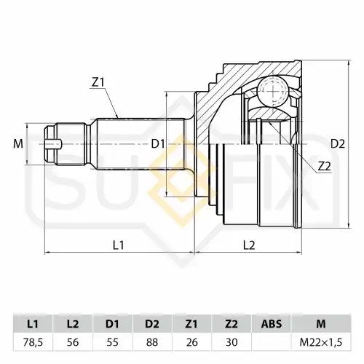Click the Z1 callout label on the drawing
[98, 82]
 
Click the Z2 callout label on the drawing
[325, 166]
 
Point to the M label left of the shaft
[18, 144]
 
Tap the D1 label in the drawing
[158, 144]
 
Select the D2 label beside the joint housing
[338, 144]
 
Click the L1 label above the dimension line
[119, 245]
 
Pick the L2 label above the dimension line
[249, 245]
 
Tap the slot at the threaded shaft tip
[54, 144]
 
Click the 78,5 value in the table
[33, 342]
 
